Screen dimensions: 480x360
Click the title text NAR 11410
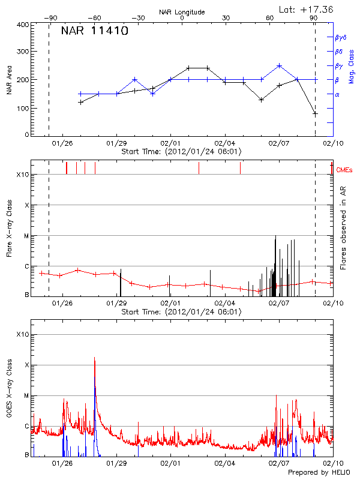pos(95,32)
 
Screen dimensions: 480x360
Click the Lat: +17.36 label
pos(307,9)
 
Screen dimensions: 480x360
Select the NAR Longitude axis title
pos(182,12)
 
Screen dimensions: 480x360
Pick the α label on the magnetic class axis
pos(337,94)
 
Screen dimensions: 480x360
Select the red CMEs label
pos(345,171)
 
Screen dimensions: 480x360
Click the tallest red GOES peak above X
pos(94,359)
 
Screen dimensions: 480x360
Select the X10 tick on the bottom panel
pos(22,334)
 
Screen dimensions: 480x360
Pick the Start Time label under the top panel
pos(181,152)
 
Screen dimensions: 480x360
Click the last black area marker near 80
pos(315,113)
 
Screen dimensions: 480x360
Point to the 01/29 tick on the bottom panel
pos(117,464)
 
